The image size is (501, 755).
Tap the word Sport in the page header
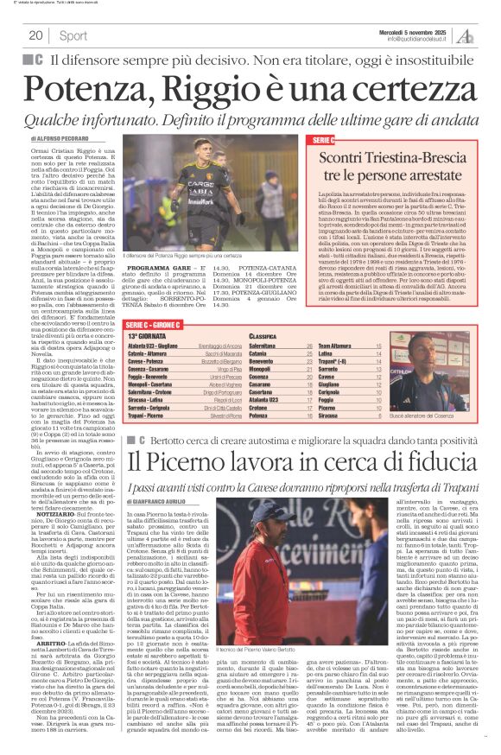(73, 35)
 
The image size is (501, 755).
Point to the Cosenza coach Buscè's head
(436, 347)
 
